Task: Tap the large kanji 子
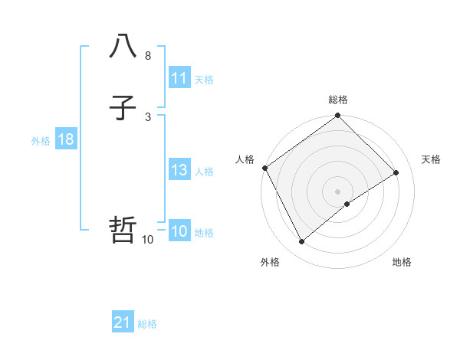click(123, 109)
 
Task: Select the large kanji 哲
click(123, 230)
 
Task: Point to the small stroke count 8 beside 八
click(147, 56)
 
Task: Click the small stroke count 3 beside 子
click(147, 116)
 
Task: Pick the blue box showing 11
click(179, 78)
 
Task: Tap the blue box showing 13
click(179, 170)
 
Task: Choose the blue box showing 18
click(65, 139)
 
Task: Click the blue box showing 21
click(123, 323)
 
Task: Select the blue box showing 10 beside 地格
click(179, 231)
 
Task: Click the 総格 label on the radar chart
click(338, 100)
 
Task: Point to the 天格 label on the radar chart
click(432, 159)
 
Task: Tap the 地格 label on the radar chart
click(402, 262)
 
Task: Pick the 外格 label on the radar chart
click(270, 262)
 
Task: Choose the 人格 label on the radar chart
click(245, 159)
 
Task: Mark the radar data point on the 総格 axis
click(338, 116)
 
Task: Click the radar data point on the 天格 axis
click(396, 172)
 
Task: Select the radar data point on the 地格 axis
click(347, 204)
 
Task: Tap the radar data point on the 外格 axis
click(301, 242)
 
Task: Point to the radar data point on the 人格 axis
click(264, 168)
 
